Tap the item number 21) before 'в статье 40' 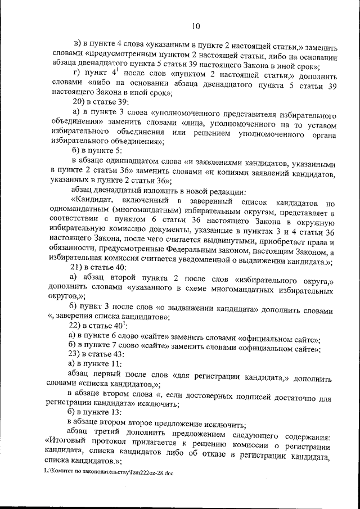(76, 268)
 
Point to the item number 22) (76, 326)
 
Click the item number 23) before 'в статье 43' (76, 354)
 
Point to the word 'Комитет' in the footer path (65, 473)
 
